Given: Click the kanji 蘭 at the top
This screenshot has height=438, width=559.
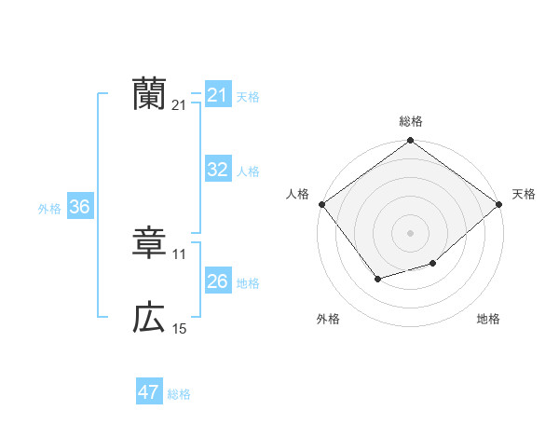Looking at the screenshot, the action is pyautogui.click(x=149, y=94).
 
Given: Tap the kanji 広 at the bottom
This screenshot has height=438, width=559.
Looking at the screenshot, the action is pyautogui.click(x=149, y=319).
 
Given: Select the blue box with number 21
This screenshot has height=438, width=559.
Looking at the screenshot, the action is pyautogui.click(x=217, y=95).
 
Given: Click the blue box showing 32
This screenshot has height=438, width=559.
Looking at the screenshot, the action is pyautogui.click(x=217, y=170).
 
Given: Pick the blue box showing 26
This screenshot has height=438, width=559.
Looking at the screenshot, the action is pyautogui.click(x=217, y=281).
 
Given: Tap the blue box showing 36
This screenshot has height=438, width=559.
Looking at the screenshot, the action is pyautogui.click(x=79, y=207).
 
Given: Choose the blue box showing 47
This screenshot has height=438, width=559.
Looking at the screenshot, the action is pyautogui.click(x=149, y=392).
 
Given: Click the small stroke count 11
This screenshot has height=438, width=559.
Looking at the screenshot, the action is pyautogui.click(x=180, y=254).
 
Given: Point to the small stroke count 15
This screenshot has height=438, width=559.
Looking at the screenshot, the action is pyautogui.click(x=180, y=329).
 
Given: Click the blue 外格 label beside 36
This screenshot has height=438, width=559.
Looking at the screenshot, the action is pyautogui.click(x=49, y=209).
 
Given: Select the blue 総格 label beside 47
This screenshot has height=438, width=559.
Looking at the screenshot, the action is pyautogui.click(x=179, y=394).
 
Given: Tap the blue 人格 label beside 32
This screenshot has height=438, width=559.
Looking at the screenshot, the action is pyautogui.click(x=248, y=171).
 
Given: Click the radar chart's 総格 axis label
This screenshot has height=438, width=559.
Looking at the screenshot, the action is pyautogui.click(x=410, y=121).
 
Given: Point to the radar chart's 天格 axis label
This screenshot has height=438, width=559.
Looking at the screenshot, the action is pyautogui.click(x=524, y=194).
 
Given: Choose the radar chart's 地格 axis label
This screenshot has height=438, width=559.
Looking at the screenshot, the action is pyautogui.click(x=488, y=319).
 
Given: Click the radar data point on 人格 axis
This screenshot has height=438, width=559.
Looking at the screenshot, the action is pyautogui.click(x=321, y=204).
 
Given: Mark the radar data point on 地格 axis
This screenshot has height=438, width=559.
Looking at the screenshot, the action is pyautogui.click(x=433, y=264).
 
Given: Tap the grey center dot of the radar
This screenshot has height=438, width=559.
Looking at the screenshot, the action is pyautogui.click(x=410, y=232).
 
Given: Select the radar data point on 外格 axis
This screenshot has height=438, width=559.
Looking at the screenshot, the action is pyautogui.click(x=377, y=278).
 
